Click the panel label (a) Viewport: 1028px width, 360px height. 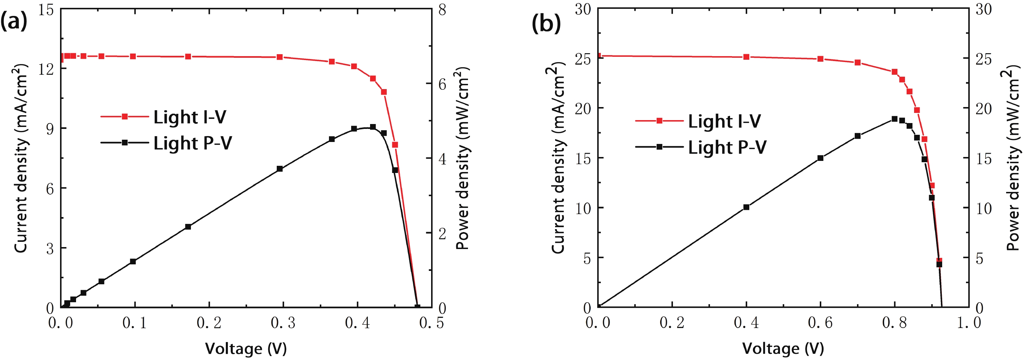point(14,22)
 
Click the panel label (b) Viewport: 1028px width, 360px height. point(546,23)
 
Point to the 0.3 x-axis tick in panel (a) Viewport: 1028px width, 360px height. point(283,323)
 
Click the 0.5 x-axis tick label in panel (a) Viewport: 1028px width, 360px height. point(431,323)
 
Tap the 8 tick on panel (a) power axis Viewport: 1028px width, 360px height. point(442,9)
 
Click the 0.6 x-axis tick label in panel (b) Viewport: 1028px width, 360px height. point(820,323)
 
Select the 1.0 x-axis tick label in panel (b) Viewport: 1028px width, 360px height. point(969,323)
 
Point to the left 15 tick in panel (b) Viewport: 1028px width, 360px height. point(583,158)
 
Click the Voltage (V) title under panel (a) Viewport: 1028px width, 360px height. point(246,349)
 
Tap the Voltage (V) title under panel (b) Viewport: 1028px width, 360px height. point(783,349)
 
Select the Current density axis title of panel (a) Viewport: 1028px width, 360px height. point(21,158)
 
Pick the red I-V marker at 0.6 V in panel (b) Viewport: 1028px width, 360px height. point(820,59)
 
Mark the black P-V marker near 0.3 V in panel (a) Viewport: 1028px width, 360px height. point(280,169)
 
